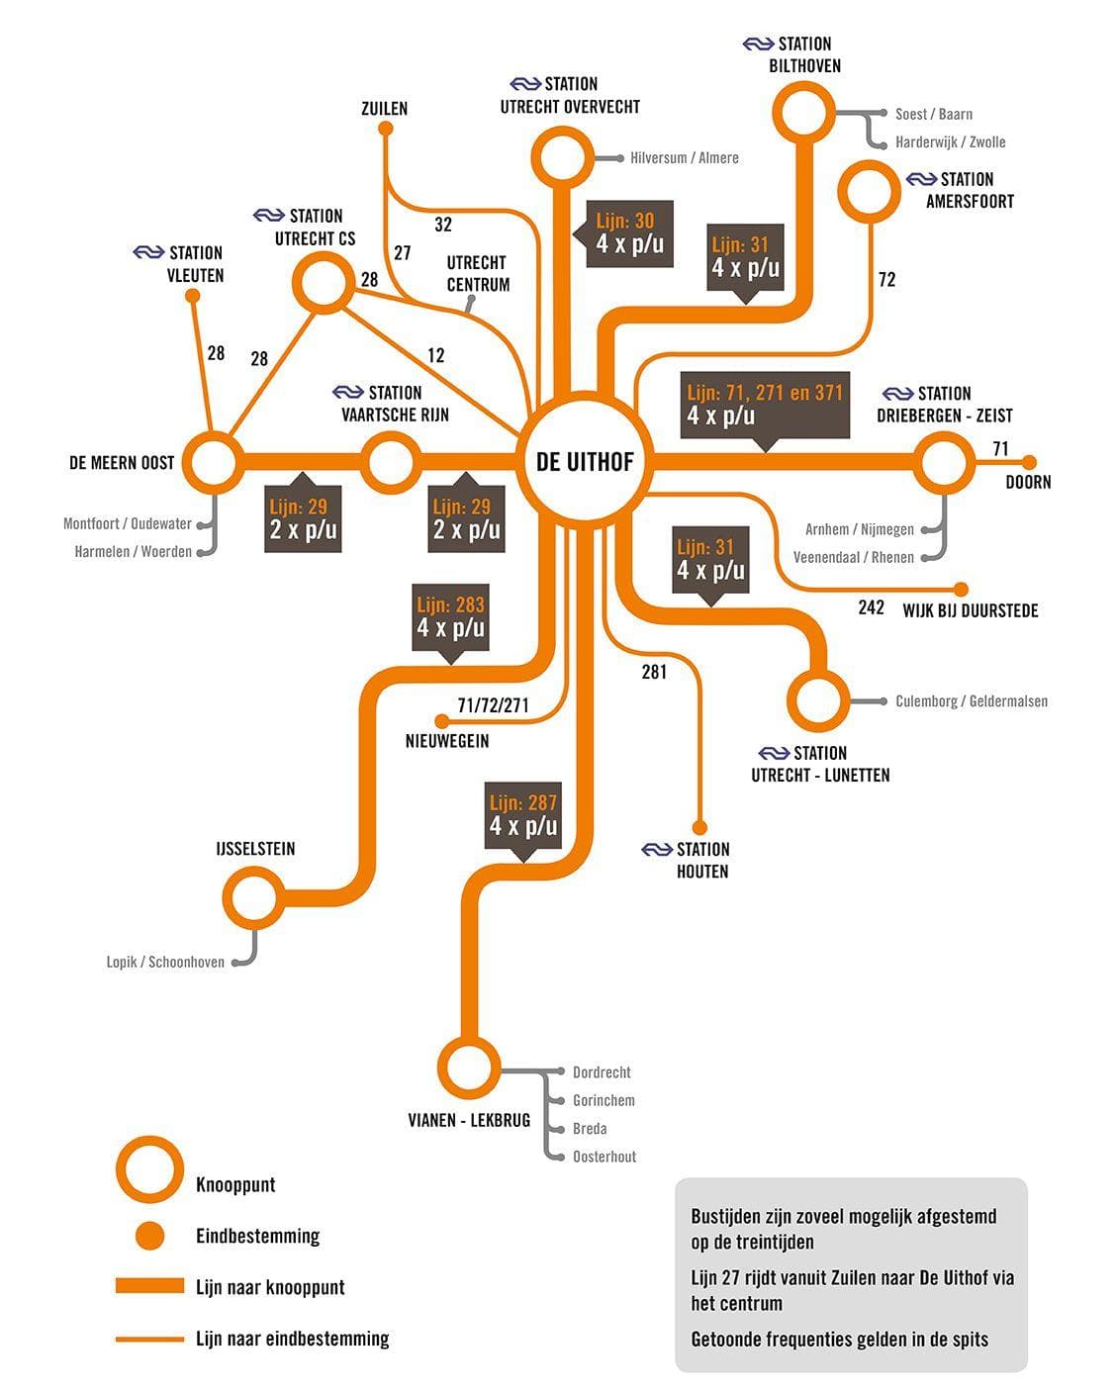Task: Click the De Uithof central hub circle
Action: pyautogui.click(x=587, y=460)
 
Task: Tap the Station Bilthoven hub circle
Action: pyautogui.click(x=803, y=113)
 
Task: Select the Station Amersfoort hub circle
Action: pyautogui.click(x=870, y=193)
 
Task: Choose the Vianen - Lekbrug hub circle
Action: pyautogui.click(x=468, y=1068)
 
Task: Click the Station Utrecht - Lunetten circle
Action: pyautogui.click(x=818, y=700)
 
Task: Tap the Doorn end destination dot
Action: pyautogui.click(x=1029, y=462)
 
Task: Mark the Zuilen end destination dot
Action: pyautogui.click(x=386, y=128)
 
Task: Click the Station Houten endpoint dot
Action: pyautogui.click(x=700, y=827)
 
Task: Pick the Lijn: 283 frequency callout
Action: pyautogui.click(x=451, y=616)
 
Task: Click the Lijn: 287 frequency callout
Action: pyautogui.click(x=523, y=815)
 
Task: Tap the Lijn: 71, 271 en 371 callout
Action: pyautogui.click(x=764, y=405)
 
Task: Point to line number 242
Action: pyautogui.click(x=872, y=607)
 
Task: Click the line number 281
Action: pyautogui.click(x=654, y=673)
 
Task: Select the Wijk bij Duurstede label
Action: pyautogui.click(x=971, y=610)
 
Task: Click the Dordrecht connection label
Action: pyautogui.click(x=602, y=1072)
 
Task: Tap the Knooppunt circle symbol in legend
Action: pyautogui.click(x=149, y=1168)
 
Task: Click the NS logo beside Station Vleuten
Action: pyautogui.click(x=148, y=253)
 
